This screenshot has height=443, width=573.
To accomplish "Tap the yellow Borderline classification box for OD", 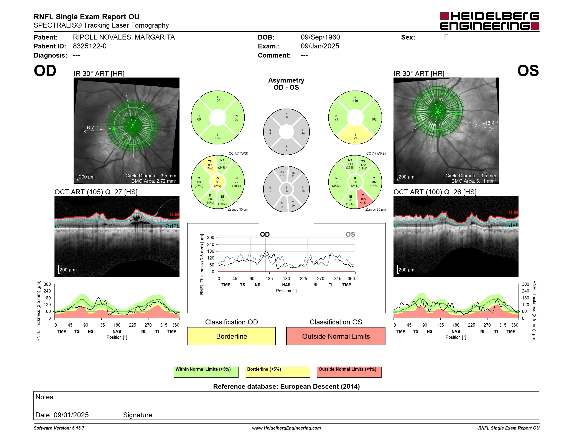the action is click(231, 336).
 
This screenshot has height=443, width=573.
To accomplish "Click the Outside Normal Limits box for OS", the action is click(336, 336).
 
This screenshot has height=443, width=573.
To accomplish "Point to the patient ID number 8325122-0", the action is click(90, 46).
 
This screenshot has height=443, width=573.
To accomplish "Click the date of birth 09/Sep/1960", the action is click(320, 37).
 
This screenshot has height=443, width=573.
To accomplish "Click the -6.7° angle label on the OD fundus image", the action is click(91, 127).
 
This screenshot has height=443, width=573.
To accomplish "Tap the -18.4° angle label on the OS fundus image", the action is click(490, 123).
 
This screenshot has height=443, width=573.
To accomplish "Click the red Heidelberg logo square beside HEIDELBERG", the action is click(445, 16).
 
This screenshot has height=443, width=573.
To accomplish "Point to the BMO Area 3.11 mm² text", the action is click(474, 181).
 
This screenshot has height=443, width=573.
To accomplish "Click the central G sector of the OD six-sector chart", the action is click(217, 182).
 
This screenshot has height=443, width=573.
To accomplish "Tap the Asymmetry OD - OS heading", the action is click(286, 84).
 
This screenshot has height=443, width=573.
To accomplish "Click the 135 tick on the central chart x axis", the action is click(269, 278).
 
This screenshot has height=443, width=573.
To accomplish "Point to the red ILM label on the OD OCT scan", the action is click(175, 214).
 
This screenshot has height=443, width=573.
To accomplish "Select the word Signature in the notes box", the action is click(138, 415).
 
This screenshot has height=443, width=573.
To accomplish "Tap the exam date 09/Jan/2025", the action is click(320, 46).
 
